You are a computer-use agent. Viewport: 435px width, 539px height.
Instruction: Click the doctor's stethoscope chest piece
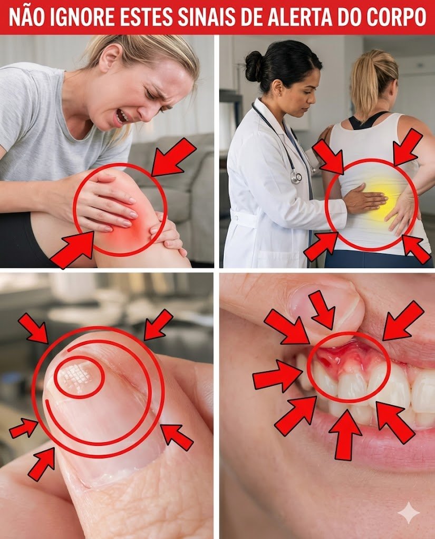295,177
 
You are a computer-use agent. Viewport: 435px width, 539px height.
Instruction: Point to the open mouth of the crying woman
121,117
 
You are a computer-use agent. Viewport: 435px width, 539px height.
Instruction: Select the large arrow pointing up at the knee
72,248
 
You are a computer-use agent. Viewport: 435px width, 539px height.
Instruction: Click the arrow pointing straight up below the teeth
345,435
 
